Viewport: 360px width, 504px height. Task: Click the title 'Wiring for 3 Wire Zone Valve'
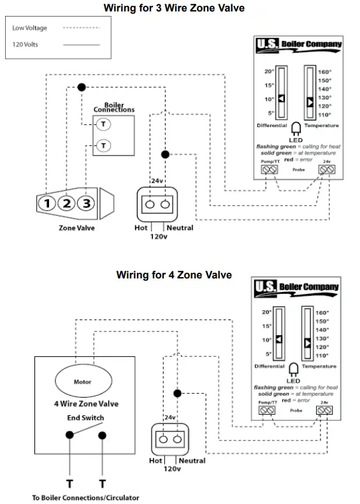pos(174,8)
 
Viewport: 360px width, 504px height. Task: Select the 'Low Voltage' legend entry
pos(30,29)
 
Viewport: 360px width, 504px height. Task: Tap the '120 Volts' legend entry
pos(25,45)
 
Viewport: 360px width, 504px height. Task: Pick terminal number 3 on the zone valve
pos(88,204)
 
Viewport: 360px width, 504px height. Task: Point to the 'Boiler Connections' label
pos(114,108)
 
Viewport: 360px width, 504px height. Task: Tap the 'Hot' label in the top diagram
pos(141,227)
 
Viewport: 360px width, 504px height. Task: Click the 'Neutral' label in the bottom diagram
pos(192,461)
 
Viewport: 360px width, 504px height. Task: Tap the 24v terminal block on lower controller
pos(324,411)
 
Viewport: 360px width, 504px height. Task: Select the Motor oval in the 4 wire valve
pos(82,382)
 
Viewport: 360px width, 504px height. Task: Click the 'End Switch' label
pos(85,418)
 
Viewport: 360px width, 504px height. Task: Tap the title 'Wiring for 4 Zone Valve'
pos(174,275)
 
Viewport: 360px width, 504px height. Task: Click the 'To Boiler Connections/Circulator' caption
pos(85,498)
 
